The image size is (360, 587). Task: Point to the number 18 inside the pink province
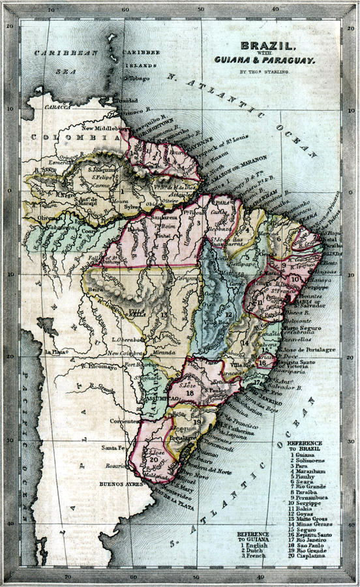tap(190, 393)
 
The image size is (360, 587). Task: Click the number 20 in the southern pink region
tap(153, 459)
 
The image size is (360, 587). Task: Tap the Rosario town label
tap(114, 466)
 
